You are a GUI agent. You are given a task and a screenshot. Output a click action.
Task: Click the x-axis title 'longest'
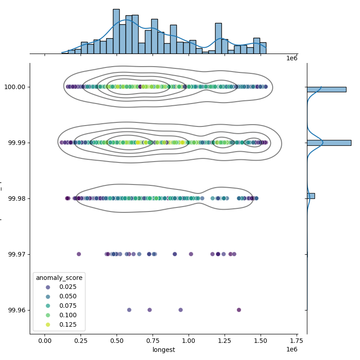click(164, 350)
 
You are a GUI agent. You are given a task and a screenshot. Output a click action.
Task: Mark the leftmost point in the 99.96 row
click(129, 310)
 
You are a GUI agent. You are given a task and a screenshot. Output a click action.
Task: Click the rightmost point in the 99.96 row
click(239, 310)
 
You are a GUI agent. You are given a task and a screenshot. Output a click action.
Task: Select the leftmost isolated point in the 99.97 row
click(79, 254)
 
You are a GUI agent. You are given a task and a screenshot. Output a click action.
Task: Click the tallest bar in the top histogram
click(116, 31)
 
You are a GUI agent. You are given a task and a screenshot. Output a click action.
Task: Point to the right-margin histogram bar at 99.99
click(328, 143)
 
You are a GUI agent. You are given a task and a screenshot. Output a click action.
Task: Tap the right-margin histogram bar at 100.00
click(326, 89)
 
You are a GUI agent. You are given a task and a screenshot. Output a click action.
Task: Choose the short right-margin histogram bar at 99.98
click(310, 196)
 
